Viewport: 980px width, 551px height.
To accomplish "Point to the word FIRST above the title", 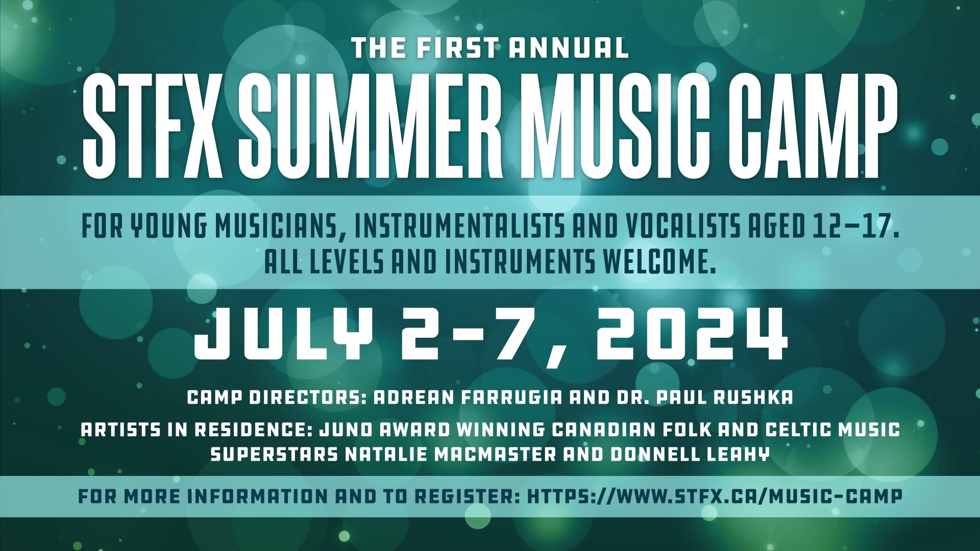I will [457, 48].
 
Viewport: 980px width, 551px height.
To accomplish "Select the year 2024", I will [690, 334].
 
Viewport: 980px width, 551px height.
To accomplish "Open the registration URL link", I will [714, 496].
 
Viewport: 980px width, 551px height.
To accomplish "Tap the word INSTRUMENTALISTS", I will [459, 228].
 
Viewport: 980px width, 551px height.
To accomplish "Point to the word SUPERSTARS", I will [274, 454].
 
